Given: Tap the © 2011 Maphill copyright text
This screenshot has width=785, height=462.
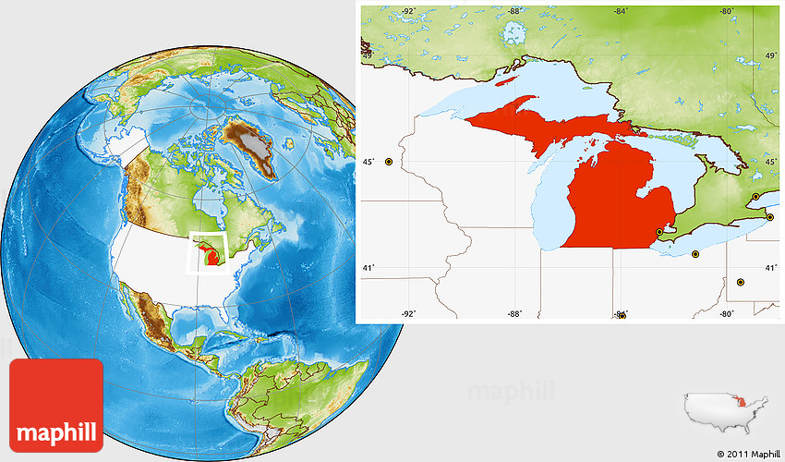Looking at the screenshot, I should tap(748, 454).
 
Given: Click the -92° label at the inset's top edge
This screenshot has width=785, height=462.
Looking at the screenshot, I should tap(409, 12).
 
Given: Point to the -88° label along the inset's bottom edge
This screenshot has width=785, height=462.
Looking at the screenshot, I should tap(514, 314).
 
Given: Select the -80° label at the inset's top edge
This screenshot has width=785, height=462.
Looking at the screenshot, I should tap(727, 12).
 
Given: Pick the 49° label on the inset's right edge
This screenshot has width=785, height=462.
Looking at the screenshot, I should tap(771, 56).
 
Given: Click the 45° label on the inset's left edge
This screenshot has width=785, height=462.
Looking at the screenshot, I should tap(368, 163).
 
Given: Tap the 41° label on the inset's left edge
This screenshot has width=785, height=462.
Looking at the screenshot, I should tap(368, 268).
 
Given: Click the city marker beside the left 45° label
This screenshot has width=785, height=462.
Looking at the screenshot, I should tap(389, 162).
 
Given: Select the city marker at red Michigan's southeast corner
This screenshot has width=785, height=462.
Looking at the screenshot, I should tap(659, 232).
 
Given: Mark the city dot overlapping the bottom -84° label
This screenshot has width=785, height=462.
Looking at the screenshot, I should tap(622, 317).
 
